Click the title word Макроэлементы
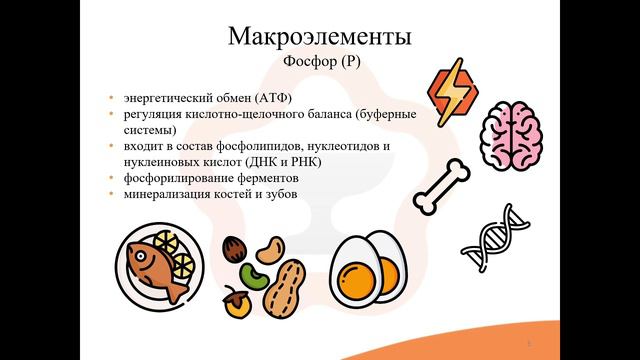click(320, 37)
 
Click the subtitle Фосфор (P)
click(320, 62)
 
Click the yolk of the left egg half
click(352, 281)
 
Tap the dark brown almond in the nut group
click(234, 247)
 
